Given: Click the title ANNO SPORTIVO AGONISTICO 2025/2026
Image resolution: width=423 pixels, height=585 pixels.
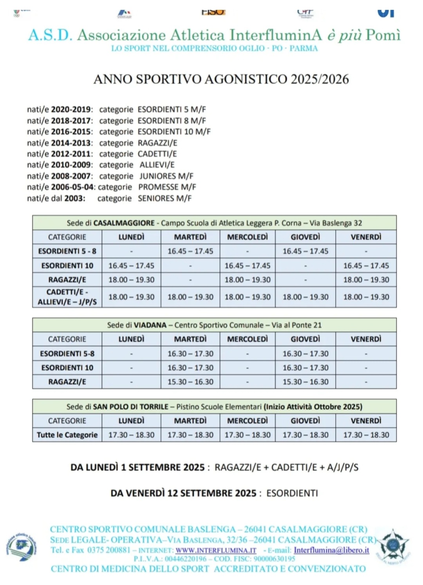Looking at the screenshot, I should pyautogui.click(x=221, y=79).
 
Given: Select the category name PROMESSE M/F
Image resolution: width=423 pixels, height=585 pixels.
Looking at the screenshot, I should pyautogui.click(x=167, y=187).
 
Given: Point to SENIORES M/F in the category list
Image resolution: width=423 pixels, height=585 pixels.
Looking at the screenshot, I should pyautogui.click(x=164, y=199).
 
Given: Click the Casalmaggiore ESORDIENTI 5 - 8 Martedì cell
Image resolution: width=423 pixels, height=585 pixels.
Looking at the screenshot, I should pyautogui.click(x=190, y=251).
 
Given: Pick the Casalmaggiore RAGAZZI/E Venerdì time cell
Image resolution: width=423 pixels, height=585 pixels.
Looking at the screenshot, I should pyautogui.click(x=366, y=280).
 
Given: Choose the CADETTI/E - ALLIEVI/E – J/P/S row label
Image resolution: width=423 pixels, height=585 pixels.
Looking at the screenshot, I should pyautogui.click(x=67, y=297).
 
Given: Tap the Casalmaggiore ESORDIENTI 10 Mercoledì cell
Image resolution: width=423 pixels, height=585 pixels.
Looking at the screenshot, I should pyautogui.click(x=247, y=266).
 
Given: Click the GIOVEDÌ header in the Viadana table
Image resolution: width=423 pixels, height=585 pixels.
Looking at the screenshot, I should pyautogui.click(x=305, y=339).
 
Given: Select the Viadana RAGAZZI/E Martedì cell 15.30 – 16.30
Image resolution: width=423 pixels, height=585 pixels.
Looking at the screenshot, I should pyautogui.click(x=190, y=382).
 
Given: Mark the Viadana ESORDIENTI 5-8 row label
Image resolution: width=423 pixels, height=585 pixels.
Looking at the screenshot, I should pyautogui.click(x=67, y=354).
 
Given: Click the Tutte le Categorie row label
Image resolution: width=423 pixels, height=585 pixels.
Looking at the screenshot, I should pyautogui.click(x=67, y=435).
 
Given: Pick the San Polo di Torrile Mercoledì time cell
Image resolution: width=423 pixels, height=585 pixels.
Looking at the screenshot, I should pyautogui.click(x=247, y=435).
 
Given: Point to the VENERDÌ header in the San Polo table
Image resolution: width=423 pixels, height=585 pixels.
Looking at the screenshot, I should pyautogui.click(x=366, y=421).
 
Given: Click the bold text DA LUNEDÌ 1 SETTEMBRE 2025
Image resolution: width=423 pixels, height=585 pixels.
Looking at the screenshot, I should pyautogui.click(x=137, y=468).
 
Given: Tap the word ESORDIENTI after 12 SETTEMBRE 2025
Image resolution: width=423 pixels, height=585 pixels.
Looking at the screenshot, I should pyautogui.click(x=292, y=493).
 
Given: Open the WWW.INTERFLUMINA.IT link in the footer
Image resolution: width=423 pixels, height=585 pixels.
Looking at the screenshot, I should pyautogui.click(x=216, y=550).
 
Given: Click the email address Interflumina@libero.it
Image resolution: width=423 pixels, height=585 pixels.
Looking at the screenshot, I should pyautogui.click(x=331, y=550).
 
